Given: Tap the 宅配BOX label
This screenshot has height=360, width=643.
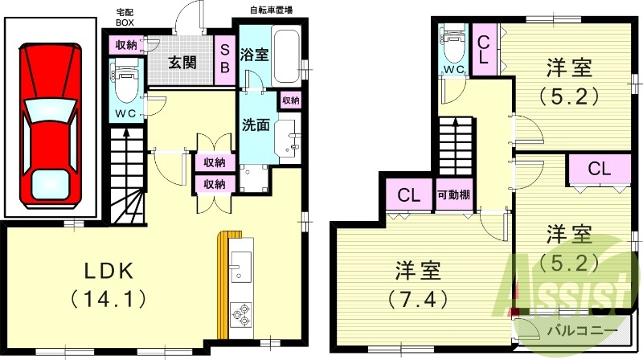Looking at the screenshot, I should pyautogui.click(x=125, y=17).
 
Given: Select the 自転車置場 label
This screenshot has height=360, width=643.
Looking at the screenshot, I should pyautogui.click(x=270, y=10).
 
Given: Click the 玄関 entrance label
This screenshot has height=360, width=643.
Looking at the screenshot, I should pyautogui.click(x=184, y=61).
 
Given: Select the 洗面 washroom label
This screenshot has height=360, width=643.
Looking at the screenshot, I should pyautogui.click(x=255, y=126).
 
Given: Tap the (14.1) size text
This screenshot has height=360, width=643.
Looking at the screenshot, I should pyautogui.click(x=109, y=299).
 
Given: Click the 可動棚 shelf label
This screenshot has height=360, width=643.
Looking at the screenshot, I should pyautogui.click(x=453, y=194).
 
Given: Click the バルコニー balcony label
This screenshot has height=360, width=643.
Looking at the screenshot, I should pyautogui.click(x=582, y=330).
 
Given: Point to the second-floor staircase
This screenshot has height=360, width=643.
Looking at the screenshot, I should pyautogui.click(x=456, y=145).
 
